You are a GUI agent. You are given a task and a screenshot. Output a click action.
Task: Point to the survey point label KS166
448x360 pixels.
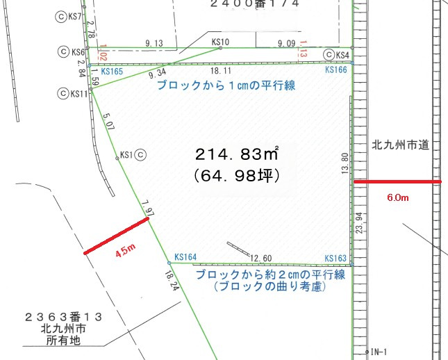tap(335, 70)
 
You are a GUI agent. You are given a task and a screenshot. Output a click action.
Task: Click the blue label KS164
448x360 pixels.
tap(186, 256)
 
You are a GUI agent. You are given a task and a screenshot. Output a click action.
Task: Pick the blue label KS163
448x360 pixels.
tap(335, 258)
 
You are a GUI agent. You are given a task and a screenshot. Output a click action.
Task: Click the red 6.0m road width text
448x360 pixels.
tap(398, 198)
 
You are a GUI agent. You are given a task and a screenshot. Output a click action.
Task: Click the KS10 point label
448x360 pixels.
tap(219, 42)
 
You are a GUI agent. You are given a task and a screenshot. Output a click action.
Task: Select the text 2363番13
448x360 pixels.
tap(63, 316)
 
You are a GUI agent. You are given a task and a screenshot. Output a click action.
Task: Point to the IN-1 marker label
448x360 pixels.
tap(379, 351)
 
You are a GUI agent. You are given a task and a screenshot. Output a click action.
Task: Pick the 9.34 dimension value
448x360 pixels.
tap(158, 72)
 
